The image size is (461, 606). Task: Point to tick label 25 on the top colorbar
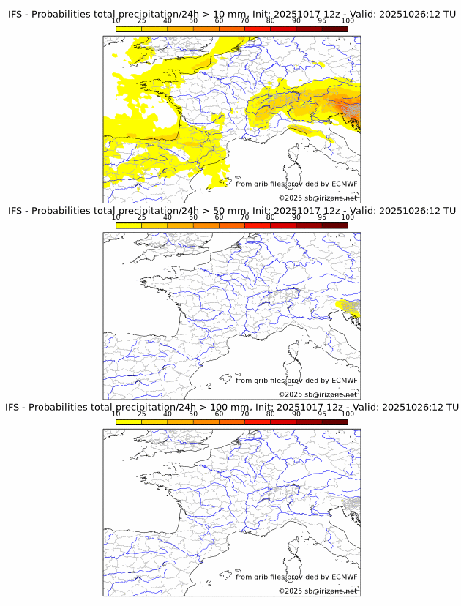click(142, 20)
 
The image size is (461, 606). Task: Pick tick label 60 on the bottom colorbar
click(219, 414)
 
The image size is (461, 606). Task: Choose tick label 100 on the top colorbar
click(348, 20)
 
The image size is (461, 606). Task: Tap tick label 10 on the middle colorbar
click(116, 217)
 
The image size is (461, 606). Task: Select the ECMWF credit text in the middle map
click(296, 381)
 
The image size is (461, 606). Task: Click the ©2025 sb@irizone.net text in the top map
click(318, 198)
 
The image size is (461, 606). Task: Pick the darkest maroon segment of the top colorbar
click(334, 29)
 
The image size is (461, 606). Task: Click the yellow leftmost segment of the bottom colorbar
click(129, 422)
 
